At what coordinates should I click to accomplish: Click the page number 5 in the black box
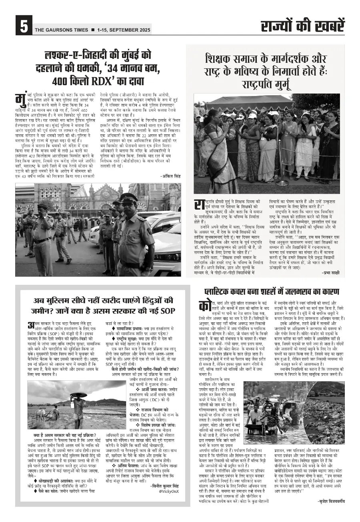23,27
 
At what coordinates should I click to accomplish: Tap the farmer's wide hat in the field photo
78,395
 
